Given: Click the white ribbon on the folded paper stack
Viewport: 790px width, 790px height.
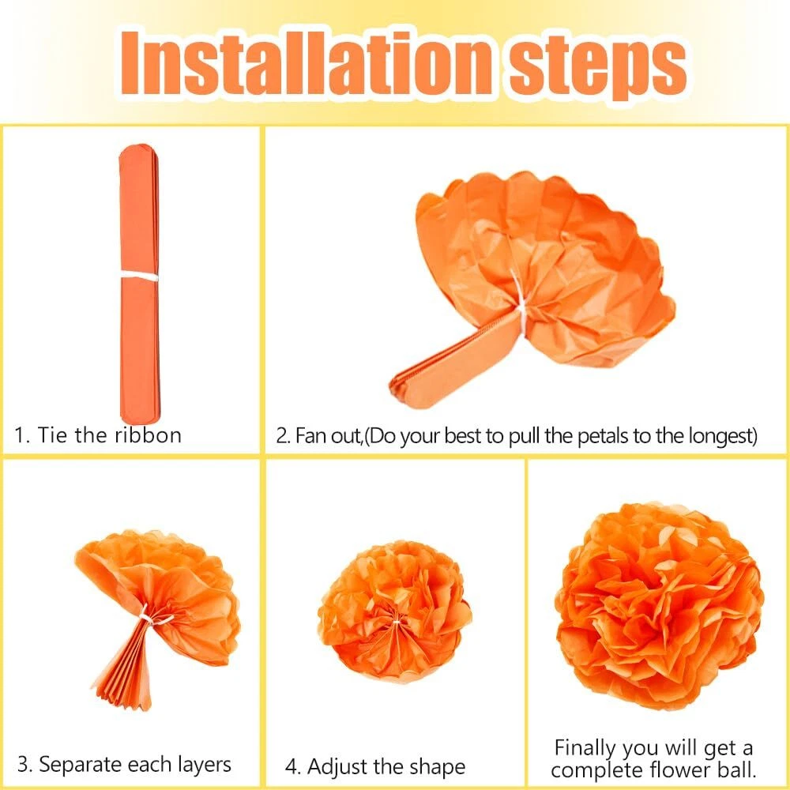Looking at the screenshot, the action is coord(140,276).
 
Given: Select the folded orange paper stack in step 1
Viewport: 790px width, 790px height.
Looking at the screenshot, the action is coord(140,284).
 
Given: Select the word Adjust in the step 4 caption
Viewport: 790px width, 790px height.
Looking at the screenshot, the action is coord(337,767).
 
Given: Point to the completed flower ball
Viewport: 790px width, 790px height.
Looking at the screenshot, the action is coord(659,604).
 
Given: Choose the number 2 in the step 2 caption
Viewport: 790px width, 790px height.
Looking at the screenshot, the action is coord(281,436).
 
